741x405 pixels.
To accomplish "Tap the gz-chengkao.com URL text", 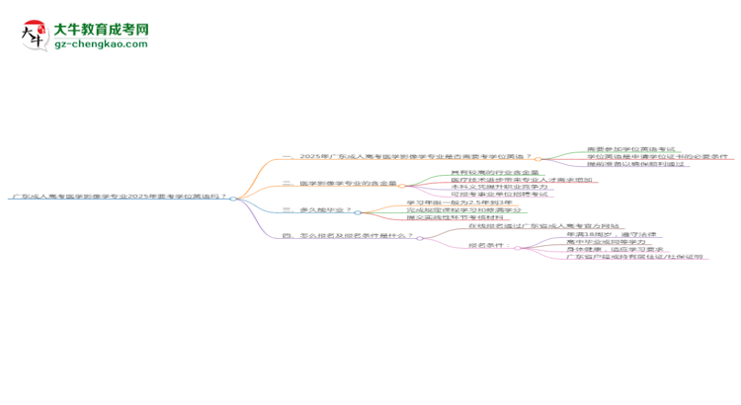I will point(101,44).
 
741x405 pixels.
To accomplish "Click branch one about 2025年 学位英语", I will point(406,157).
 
